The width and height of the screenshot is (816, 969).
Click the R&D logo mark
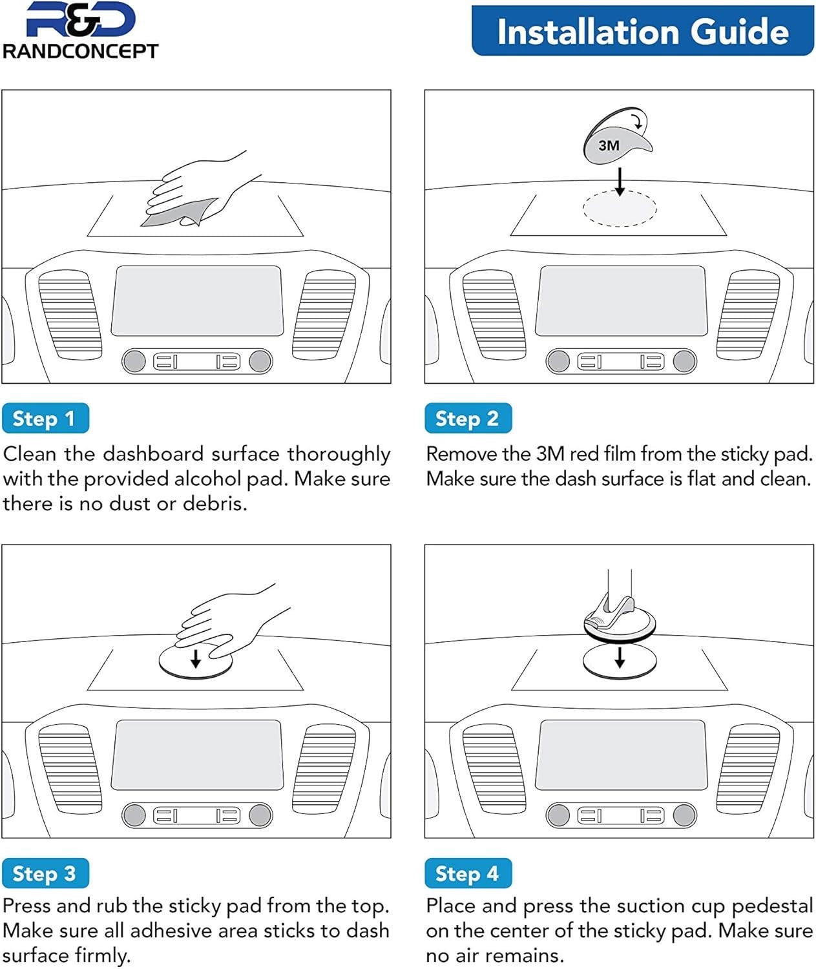pos(81,19)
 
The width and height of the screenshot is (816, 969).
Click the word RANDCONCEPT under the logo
pos(80,51)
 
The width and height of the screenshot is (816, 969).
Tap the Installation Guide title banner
pos(643,30)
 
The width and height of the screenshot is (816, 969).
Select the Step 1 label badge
pos(45,418)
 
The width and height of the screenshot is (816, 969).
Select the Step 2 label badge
pos(468,418)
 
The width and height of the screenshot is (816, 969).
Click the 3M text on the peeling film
pos(609,146)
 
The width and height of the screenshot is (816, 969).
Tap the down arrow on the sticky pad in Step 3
pos(195,658)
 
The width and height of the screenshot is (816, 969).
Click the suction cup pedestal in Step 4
pos(620,612)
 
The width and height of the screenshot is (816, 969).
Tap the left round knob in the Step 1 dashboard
pos(134,361)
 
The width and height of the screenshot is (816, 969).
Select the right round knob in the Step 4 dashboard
pos(684,815)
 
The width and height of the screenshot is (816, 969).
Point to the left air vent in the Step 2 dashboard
pos(494,315)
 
